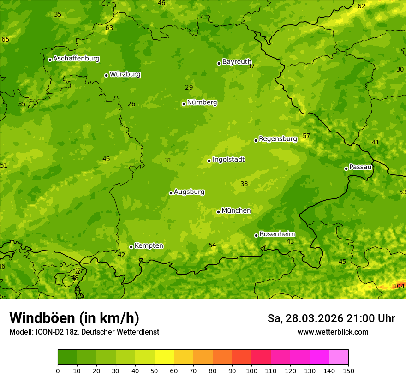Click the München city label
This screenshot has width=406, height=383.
[x=236, y=211]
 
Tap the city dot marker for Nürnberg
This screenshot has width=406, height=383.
[x=184, y=104]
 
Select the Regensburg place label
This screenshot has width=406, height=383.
[x=278, y=139]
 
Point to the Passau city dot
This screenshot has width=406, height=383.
[x=346, y=168]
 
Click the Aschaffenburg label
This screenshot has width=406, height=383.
[x=76, y=59]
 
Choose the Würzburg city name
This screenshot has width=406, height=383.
[x=125, y=74]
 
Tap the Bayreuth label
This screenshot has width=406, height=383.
[x=237, y=62]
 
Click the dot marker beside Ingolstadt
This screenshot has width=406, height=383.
[x=209, y=161]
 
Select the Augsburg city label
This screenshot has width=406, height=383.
[x=189, y=192]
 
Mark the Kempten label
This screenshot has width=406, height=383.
[x=149, y=246]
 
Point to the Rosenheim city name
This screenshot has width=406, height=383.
[x=277, y=234]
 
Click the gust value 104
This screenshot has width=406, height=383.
[x=399, y=286]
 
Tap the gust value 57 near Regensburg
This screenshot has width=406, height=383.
[x=306, y=136]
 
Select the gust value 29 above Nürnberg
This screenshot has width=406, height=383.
[x=189, y=87]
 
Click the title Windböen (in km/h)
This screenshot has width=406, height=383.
[x=74, y=318]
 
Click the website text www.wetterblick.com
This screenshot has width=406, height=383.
[x=333, y=332]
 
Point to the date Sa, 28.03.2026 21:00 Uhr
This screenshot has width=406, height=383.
[x=331, y=318]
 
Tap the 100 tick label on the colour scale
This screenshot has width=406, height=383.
[x=251, y=371]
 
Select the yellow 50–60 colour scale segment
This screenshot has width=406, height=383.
[x=164, y=357]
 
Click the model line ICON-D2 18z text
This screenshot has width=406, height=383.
[x=84, y=332]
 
